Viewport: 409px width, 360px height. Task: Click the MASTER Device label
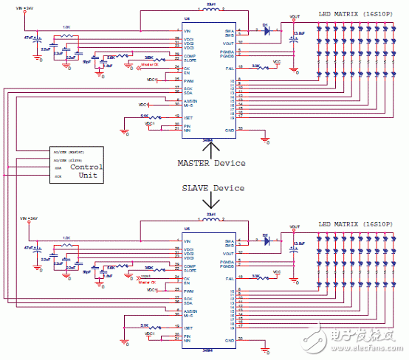point(211,162)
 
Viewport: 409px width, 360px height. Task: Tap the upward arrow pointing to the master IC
point(209,148)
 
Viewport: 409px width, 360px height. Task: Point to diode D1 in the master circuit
point(267,31)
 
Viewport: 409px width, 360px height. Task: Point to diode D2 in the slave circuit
point(267,240)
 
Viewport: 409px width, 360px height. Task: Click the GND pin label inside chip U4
point(230,130)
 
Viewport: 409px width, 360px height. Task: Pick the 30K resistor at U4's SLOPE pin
point(150,57)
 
